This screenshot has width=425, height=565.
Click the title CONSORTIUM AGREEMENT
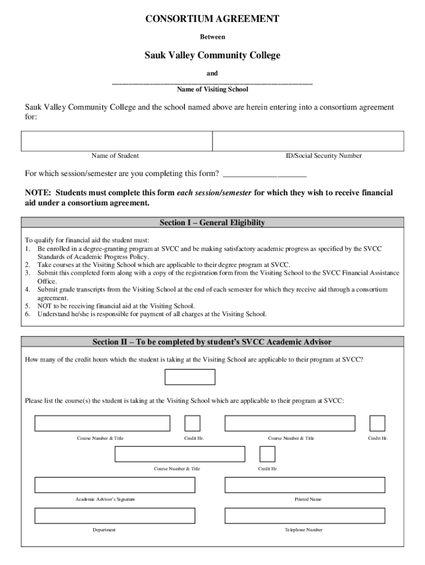point(212,19)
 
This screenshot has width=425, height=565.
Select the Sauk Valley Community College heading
point(212,55)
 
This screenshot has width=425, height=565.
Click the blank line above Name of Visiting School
point(212,82)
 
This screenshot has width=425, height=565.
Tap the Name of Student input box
point(116,141)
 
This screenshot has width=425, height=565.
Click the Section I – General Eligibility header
point(212,223)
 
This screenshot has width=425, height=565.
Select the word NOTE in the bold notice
point(38,193)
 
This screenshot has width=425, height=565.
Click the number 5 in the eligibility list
point(27,306)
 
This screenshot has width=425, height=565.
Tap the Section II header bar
point(212,342)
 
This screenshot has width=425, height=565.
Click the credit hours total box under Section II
point(190,377)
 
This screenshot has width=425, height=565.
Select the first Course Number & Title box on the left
point(102,423)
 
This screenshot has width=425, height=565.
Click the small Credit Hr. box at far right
point(377,423)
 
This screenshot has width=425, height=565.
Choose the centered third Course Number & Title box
point(180,454)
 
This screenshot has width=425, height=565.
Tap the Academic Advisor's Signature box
point(115,484)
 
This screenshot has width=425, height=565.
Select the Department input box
point(115,515)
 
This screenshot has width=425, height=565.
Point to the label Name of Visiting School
point(212,89)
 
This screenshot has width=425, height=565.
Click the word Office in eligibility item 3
point(47,281)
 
